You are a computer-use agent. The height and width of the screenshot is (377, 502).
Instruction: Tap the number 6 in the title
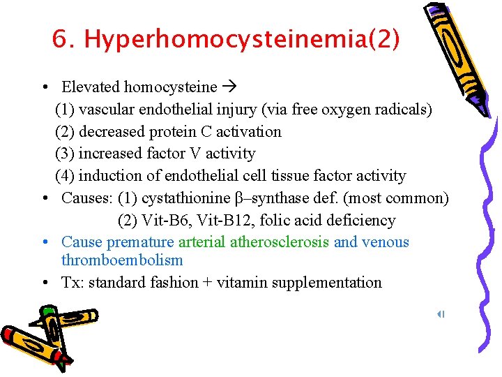click(59, 40)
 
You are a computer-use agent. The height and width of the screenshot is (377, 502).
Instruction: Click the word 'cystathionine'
click(188, 198)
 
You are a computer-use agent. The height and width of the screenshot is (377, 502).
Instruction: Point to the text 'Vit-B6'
click(162, 221)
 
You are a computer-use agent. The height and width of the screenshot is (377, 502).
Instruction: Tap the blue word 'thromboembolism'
click(122, 260)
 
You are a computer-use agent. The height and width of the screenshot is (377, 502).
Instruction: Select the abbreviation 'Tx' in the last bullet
click(69, 283)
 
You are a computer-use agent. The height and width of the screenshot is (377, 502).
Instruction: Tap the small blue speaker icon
click(441, 315)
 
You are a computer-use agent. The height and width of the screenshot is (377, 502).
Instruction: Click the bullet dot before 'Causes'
click(44, 198)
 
